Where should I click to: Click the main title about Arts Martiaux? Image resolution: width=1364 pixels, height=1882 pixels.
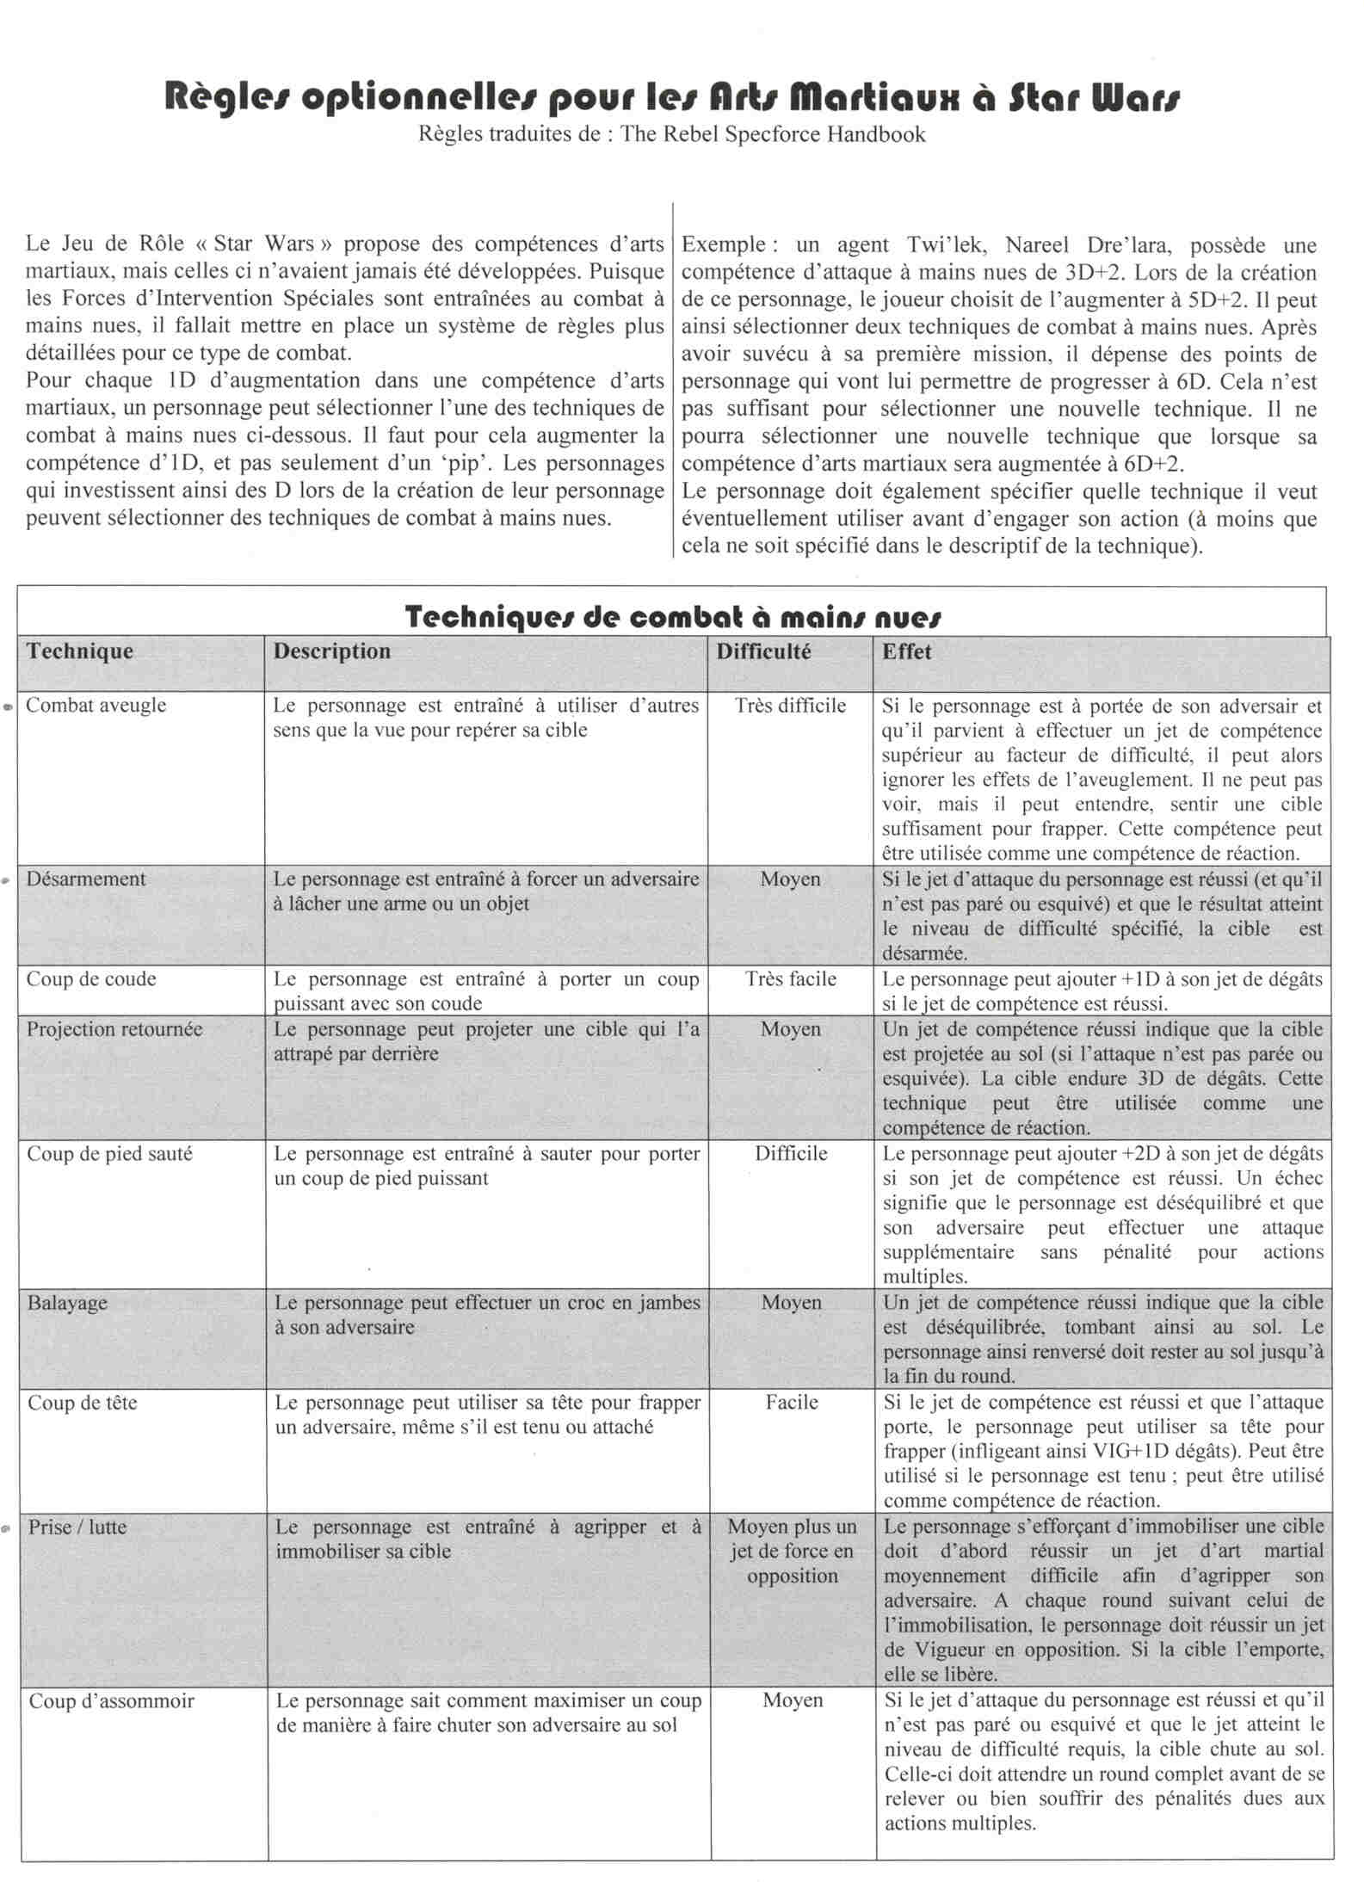pos(672,99)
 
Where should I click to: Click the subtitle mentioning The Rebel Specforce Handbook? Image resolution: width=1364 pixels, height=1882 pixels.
pos(672,134)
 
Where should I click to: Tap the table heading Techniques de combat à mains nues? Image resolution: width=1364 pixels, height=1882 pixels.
pos(672,617)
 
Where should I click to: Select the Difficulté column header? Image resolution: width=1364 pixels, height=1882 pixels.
pos(763,651)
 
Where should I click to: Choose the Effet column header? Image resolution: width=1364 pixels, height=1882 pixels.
pos(906,651)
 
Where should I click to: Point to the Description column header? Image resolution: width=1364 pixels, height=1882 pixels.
pos(331,651)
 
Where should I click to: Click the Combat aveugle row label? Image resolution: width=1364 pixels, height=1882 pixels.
pos(96,705)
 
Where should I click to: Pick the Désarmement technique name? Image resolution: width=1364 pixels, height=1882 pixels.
pos(86,879)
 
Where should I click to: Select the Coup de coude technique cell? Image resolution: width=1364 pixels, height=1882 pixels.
pos(91,978)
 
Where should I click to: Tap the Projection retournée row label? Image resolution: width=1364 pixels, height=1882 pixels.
pos(114,1029)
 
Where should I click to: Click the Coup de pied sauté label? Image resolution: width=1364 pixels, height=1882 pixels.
pos(110,1154)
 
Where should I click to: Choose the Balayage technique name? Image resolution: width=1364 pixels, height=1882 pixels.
pos(67,1302)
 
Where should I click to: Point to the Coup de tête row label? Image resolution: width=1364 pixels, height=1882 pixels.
pos(83,1403)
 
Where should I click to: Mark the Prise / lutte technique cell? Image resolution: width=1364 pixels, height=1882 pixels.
pos(77,1527)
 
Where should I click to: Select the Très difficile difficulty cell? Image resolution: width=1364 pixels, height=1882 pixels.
pos(791,706)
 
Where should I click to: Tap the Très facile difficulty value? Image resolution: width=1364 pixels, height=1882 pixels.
pos(791,979)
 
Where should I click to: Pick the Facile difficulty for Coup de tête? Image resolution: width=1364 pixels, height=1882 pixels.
pos(792,1403)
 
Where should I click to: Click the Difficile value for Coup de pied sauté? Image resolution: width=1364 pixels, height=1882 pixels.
pos(791,1154)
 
